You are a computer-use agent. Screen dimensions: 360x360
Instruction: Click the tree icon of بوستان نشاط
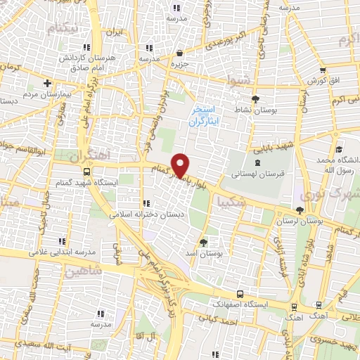[255, 99]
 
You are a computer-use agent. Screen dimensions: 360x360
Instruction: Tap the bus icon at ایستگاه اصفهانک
[241, 294]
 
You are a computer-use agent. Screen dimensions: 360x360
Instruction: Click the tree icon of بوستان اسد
[204, 242]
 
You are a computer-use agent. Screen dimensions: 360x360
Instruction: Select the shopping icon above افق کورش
[323, 70]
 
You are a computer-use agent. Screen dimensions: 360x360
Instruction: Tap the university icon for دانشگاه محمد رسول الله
[339, 150]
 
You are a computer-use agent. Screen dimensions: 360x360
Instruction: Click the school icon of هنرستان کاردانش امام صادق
[148, 48]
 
